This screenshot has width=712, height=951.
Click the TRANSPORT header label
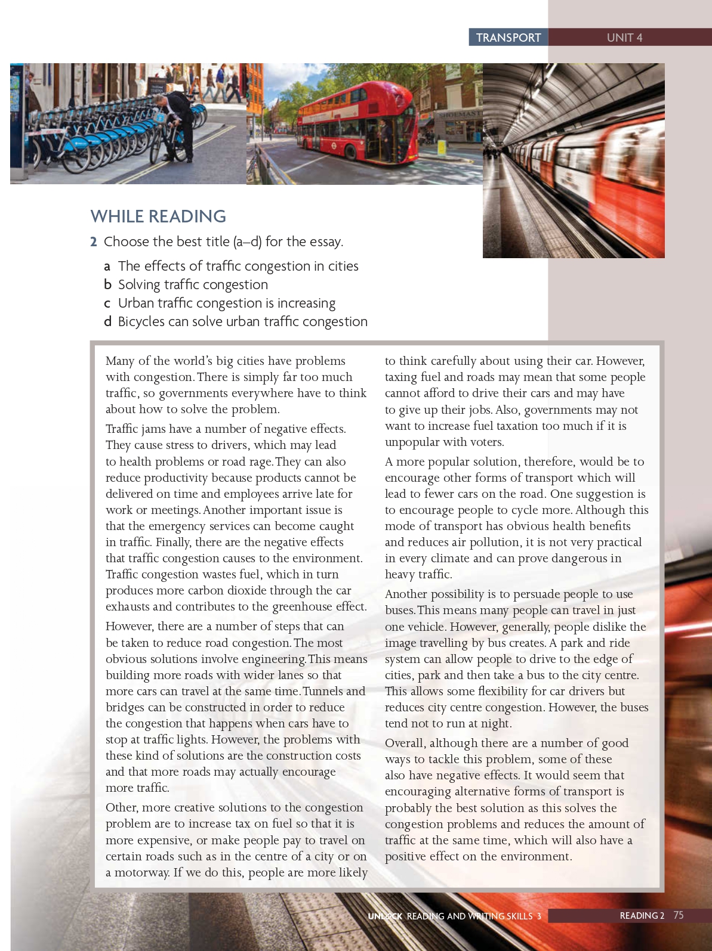[508, 38]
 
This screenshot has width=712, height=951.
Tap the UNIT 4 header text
[624, 38]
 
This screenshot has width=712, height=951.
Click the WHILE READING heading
[158, 216]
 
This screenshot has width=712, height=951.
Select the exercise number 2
[94, 241]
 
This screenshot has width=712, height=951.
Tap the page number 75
[679, 915]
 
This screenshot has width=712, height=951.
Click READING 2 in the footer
[642, 915]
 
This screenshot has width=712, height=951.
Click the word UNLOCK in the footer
[385, 916]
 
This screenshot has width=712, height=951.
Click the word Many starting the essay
[120, 361]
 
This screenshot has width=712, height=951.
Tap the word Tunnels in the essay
[323, 691]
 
